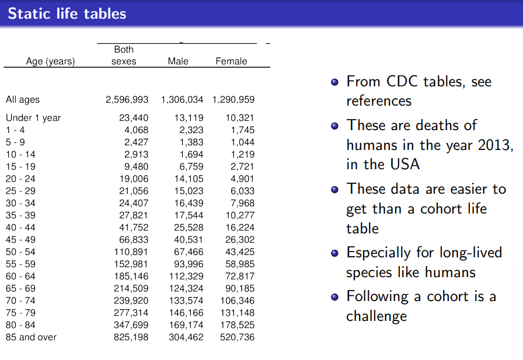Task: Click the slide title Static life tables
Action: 67,13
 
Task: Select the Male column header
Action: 178,61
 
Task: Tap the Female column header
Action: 231,61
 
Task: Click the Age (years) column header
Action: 51,61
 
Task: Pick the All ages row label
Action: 23,100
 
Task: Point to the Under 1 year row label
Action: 33,118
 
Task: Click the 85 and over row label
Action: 31,337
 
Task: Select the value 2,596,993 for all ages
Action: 127,100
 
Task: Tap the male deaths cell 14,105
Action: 189,179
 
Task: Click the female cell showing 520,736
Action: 237,337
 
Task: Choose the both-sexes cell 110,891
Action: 131,252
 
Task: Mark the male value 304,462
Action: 186,337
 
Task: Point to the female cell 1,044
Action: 242,142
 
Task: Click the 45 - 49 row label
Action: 20,240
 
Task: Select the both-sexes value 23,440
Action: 134,118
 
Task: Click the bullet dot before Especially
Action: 334,253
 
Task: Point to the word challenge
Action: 376,316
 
